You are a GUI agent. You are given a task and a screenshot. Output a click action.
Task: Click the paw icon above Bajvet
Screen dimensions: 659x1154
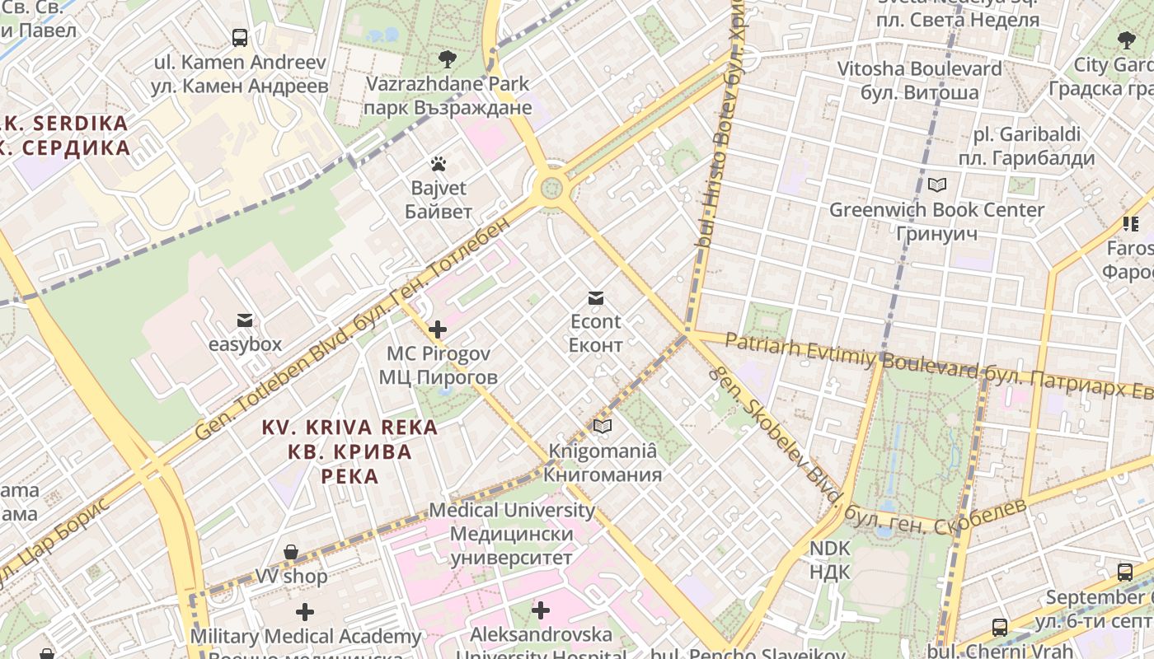point(439,164)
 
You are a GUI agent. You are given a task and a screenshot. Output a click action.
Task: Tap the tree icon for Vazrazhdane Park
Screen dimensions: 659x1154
point(448,58)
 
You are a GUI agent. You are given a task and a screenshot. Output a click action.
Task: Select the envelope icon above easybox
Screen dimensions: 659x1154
point(245,320)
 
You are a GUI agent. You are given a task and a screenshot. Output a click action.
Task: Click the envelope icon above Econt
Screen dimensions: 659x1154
point(595,297)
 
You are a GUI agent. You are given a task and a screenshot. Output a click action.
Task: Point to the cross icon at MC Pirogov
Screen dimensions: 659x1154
point(438,329)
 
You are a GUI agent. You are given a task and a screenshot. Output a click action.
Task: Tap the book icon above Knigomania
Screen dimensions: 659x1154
point(603,426)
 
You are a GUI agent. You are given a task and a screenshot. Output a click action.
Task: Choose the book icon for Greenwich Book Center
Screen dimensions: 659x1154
point(936,185)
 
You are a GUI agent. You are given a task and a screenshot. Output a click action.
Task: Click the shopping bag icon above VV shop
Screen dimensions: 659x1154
point(291,552)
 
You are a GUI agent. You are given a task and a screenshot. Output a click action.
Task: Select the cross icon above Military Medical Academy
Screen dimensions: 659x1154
point(305,612)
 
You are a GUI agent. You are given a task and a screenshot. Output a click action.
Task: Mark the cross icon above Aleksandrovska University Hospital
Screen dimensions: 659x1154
point(541,610)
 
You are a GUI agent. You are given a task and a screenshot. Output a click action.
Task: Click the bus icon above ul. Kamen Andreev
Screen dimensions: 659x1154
point(240,37)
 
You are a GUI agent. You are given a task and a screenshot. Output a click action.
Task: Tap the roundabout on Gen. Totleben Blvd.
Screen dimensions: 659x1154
point(551,189)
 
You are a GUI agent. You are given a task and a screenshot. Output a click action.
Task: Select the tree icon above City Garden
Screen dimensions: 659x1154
point(1126,40)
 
